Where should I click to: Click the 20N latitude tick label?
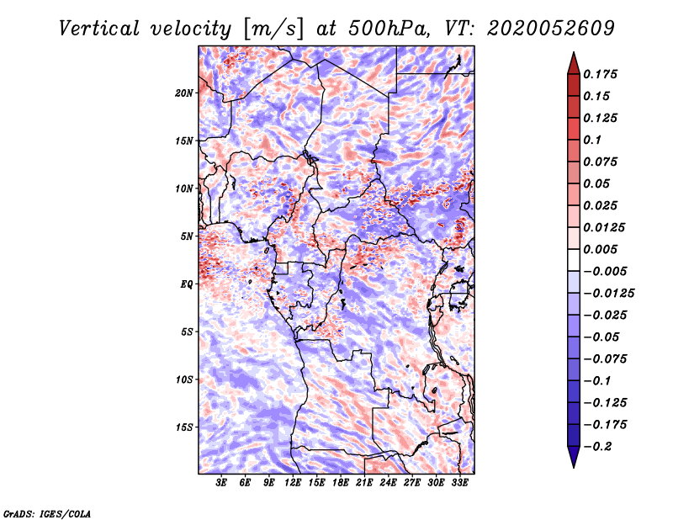click(184, 93)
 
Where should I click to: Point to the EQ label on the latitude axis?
click(187, 284)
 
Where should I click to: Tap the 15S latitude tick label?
click(184, 427)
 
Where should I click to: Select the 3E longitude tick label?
click(221, 482)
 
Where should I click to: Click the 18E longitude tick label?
click(341, 482)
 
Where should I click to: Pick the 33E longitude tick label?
click(459, 482)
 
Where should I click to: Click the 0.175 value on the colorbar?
click(600, 74)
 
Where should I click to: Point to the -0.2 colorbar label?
click(597, 447)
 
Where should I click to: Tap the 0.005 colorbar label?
click(600, 249)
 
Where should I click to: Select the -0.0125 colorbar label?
click(608, 294)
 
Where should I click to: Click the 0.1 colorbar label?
click(592, 140)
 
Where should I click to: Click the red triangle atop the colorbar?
click(574, 63)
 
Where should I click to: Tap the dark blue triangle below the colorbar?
click(574, 457)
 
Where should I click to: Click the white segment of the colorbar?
click(574, 260)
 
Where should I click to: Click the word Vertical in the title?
click(99, 29)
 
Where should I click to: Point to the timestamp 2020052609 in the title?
click(551, 29)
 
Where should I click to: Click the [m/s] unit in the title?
click(273, 29)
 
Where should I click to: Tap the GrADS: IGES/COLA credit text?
click(47, 514)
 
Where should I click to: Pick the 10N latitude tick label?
click(184, 188)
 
